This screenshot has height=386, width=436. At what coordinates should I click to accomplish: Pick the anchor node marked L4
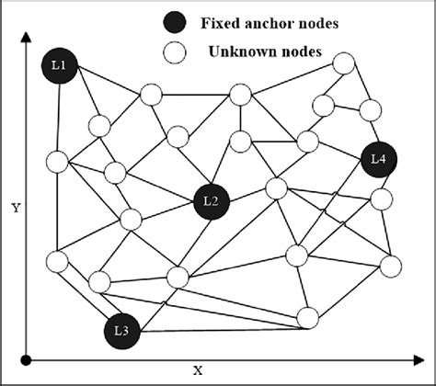[378, 160]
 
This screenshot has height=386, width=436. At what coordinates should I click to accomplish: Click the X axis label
[197, 370]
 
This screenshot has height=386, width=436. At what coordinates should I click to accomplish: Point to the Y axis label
[16, 208]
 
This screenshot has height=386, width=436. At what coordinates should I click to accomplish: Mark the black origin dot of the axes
[28, 358]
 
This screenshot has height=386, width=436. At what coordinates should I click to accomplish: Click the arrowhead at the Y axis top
[28, 35]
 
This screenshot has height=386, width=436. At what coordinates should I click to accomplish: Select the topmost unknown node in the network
[343, 63]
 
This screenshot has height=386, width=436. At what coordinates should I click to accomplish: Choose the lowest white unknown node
[308, 317]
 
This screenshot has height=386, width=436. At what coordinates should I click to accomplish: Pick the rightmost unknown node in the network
[391, 266]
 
